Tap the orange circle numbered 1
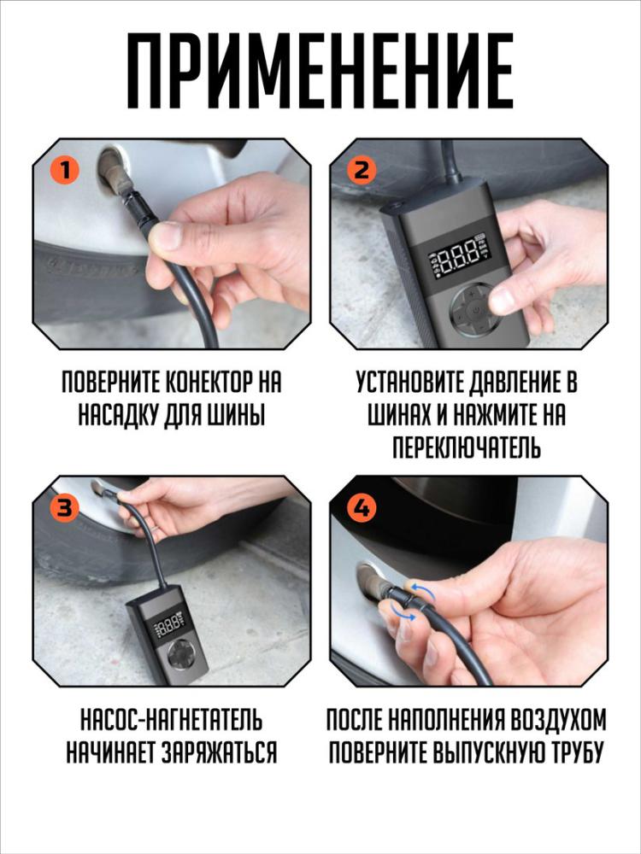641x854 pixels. point(63,169)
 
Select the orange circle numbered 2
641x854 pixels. point(362,169)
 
